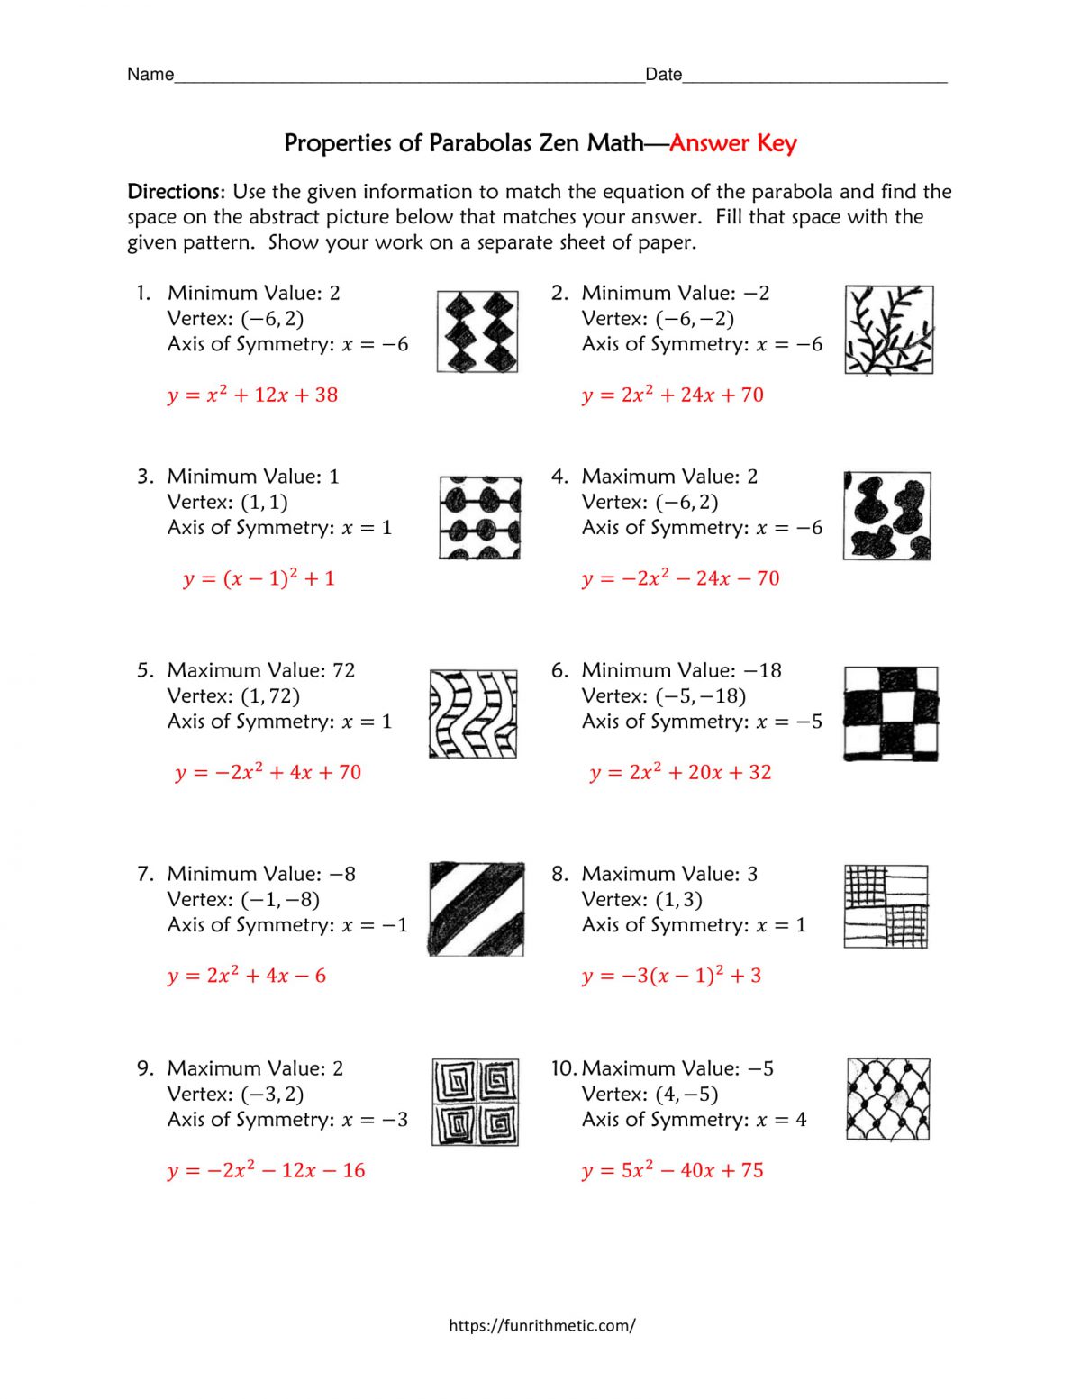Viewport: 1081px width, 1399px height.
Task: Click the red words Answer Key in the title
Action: coord(732,143)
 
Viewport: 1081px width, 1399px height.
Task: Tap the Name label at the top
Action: coord(150,75)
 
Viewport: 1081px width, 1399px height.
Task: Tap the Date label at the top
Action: coord(663,75)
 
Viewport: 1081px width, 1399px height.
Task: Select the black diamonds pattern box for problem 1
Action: coord(477,332)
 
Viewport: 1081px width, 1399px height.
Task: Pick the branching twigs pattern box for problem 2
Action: coord(888,330)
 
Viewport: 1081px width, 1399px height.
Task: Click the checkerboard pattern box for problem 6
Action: coord(891,713)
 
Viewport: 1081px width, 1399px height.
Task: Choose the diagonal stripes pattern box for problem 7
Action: coord(476,908)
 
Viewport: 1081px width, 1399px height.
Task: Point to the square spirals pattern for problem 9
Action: coord(475,1102)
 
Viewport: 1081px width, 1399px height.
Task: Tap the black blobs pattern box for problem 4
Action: coord(887,516)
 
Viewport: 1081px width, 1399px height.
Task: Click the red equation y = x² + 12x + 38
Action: coord(252,395)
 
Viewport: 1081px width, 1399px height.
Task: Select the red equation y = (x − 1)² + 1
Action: coord(259,578)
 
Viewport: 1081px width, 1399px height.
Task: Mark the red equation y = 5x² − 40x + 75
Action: coord(672,1170)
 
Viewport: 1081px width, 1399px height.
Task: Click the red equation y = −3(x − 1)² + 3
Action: coord(671,976)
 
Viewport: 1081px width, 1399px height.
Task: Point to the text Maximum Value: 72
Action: coord(261,670)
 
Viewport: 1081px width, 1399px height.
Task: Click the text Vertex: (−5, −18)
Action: coord(663,696)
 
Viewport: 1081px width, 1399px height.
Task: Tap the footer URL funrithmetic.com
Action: coord(541,1325)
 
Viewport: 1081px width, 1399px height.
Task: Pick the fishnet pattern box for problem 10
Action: coord(888,1099)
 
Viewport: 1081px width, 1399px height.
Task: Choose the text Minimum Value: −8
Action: coord(261,874)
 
